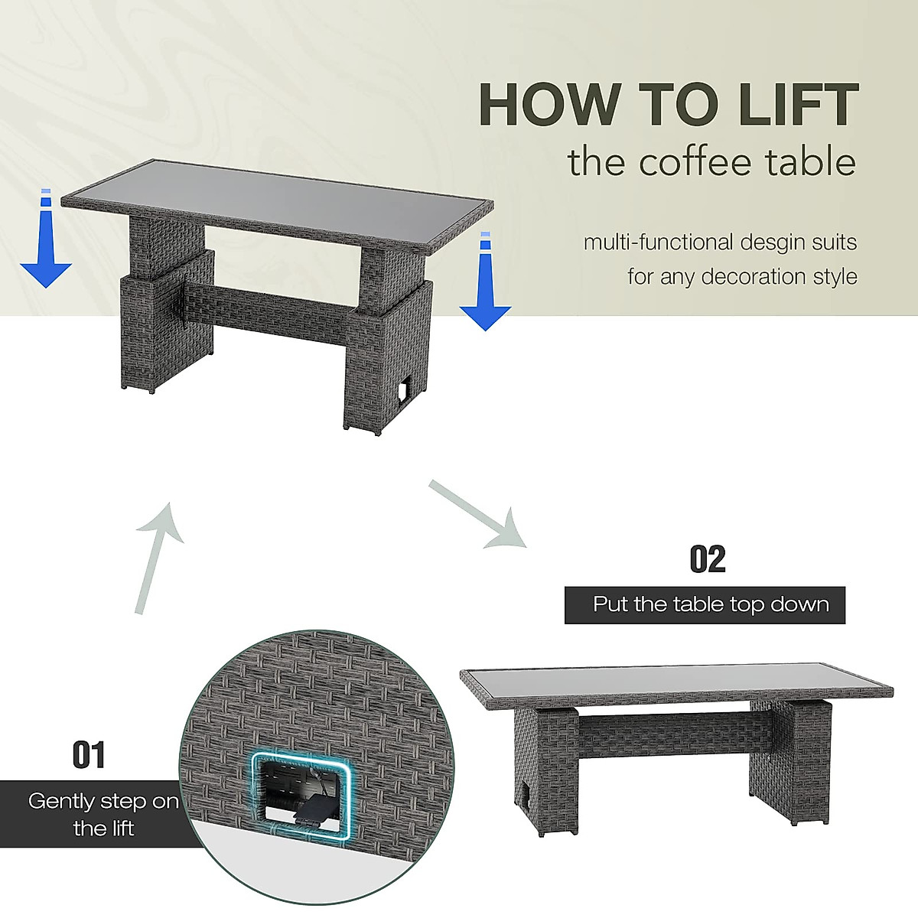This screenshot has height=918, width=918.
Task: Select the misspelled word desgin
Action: [x=772, y=243]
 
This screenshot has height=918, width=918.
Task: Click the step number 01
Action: [x=89, y=755]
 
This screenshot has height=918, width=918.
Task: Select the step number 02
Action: [x=707, y=559]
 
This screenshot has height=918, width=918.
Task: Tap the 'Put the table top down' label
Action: [x=710, y=604]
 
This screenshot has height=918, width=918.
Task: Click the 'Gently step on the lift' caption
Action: [x=103, y=814]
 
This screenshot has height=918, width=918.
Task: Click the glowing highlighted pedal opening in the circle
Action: [x=301, y=796]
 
